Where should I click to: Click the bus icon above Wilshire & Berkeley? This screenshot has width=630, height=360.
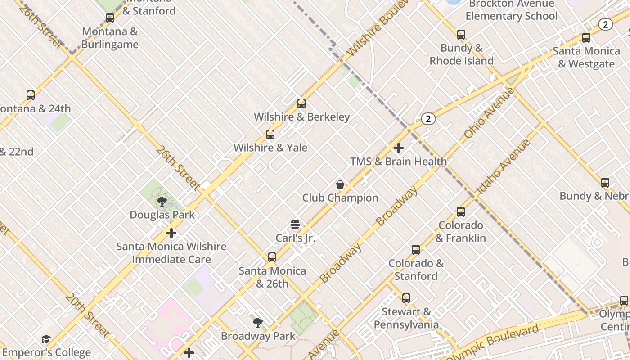(x=301, y=103)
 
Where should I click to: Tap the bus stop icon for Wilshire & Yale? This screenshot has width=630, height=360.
(x=270, y=134)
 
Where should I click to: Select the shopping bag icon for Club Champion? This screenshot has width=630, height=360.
(x=340, y=184)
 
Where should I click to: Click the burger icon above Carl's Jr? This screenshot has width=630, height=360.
(x=295, y=224)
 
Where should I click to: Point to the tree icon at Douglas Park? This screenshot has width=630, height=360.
(x=162, y=201)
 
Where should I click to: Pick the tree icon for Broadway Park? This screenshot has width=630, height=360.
(x=258, y=322)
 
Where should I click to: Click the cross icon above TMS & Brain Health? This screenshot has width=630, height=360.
(x=399, y=148)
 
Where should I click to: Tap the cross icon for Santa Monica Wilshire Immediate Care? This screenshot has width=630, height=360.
(x=171, y=233)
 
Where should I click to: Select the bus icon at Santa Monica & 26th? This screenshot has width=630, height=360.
(x=272, y=257)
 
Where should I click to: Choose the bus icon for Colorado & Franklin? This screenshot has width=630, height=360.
(x=461, y=212)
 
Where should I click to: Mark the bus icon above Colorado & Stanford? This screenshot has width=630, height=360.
(x=416, y=250)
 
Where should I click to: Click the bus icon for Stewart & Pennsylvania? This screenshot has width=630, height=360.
(x=406, y=298)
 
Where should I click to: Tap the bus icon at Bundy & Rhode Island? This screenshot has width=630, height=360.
(x=461, y=35)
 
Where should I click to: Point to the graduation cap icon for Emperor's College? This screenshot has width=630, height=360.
(x=46, y=339)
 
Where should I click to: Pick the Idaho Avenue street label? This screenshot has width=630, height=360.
(x=503, y=167)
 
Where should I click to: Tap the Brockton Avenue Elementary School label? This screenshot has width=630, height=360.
(x=511, y=10)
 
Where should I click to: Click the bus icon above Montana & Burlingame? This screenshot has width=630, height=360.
(x=110, y=18)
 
